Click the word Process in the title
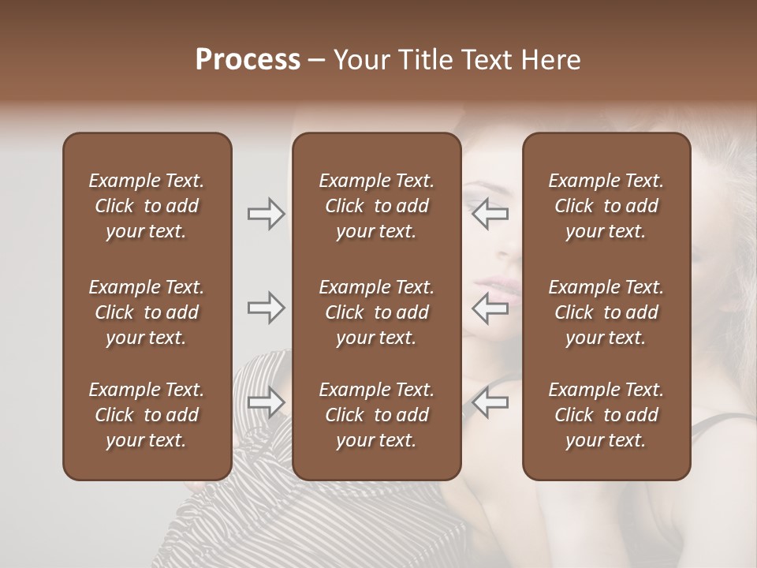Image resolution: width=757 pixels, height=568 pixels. pos(248,60)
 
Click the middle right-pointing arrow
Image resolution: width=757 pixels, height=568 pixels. pos(267,308)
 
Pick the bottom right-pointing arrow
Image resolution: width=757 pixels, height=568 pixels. pos(267,402)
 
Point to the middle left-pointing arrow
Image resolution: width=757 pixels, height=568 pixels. pos(490,308)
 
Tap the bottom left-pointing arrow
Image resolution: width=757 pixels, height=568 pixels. pos(490,402)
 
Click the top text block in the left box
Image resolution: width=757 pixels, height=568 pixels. pos(147,206)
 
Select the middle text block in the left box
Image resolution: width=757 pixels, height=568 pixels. pos(147,312)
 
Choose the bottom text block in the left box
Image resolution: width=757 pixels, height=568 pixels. pos(147,415)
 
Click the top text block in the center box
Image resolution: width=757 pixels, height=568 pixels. pos(376,206)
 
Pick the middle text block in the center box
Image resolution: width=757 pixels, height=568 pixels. pos(376,312)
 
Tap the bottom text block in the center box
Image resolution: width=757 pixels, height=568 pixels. pos(376,415)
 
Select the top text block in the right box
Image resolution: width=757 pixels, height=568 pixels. pos(606,206)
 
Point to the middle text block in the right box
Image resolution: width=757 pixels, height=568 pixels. pos(606,312)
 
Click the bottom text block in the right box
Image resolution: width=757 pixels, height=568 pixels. pos(606,415)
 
